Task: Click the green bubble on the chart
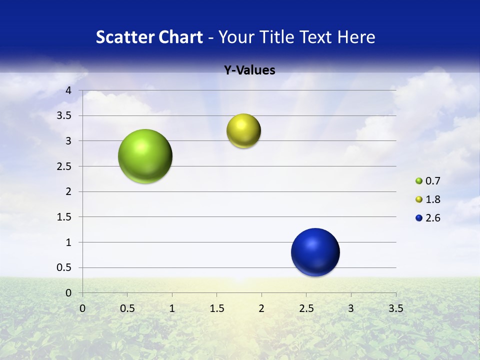[x=145, y=156]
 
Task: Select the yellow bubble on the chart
[x=243, y=131]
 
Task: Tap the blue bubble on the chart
[x=315, y=252]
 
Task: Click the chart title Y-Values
[x=249, y=70]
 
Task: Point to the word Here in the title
[x=356, y=37]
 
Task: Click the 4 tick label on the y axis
[x=69, y=90]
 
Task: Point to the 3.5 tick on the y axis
[x=65, y=116]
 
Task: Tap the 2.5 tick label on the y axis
[x=65, y=166]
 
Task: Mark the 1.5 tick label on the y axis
[x=65, y=217]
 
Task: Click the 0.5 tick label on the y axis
[x=65, y=268]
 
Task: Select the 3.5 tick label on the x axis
[x=395, y=308]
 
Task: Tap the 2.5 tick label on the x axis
[x=306, y=308]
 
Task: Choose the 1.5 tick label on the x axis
[x=216, y=308]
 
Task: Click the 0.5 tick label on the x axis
[x=127, y=308]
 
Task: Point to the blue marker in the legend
[x=419, y=218]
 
